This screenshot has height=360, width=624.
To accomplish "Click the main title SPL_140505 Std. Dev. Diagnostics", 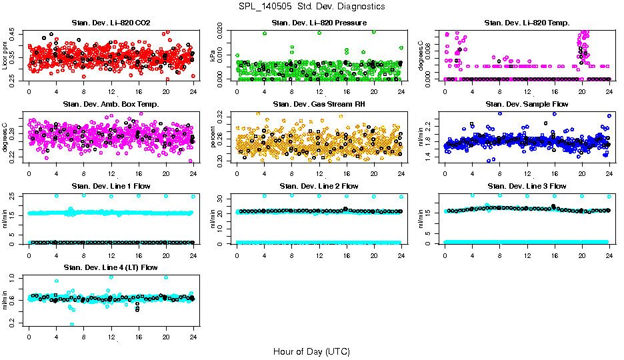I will coord(311,6).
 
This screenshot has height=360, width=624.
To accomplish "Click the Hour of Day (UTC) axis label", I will coord(311,351).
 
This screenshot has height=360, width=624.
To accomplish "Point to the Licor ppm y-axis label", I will coord(5,55).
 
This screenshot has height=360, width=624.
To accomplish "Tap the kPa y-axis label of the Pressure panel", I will coord(213,56).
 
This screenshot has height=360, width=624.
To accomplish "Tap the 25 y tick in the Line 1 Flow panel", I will coord(13,196).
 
